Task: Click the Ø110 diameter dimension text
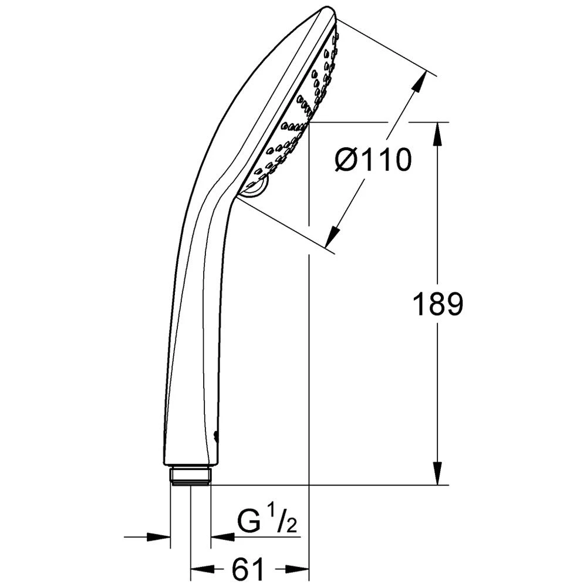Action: pyautogui.click(x=373, y=160)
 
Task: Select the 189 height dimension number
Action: pyautogui.click(x=438, y=305)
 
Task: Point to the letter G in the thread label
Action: pyautogui.click(x=249, y=521)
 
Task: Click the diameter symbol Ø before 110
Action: pyautogui.click(x=346, y=160)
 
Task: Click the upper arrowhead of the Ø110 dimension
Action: pyautogui.click(x=418, y=83)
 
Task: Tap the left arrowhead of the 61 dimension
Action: pyautogui.click(x=201, y=569)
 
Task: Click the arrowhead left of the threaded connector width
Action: pyautogui.click(x=160, y=537)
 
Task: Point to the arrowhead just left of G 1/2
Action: pyautogui.click(x=221, y=537)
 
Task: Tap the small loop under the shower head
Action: pyautogui.click(x=256, y=188)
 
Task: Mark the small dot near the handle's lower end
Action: pyautogui.click(x=216, y=436)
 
